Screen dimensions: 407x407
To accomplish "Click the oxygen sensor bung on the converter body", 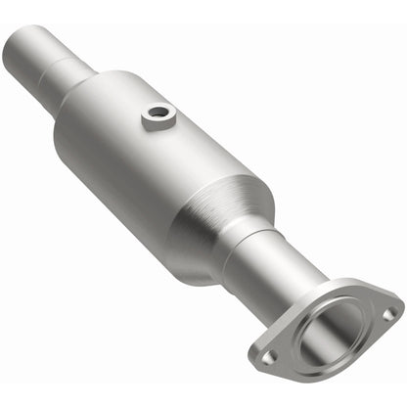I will click(156, 117).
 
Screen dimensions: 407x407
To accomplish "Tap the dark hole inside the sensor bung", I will click(157, 114).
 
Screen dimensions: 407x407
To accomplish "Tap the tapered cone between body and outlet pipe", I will click(221, 225).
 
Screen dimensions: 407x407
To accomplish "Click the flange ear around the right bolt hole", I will click(389, 311).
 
